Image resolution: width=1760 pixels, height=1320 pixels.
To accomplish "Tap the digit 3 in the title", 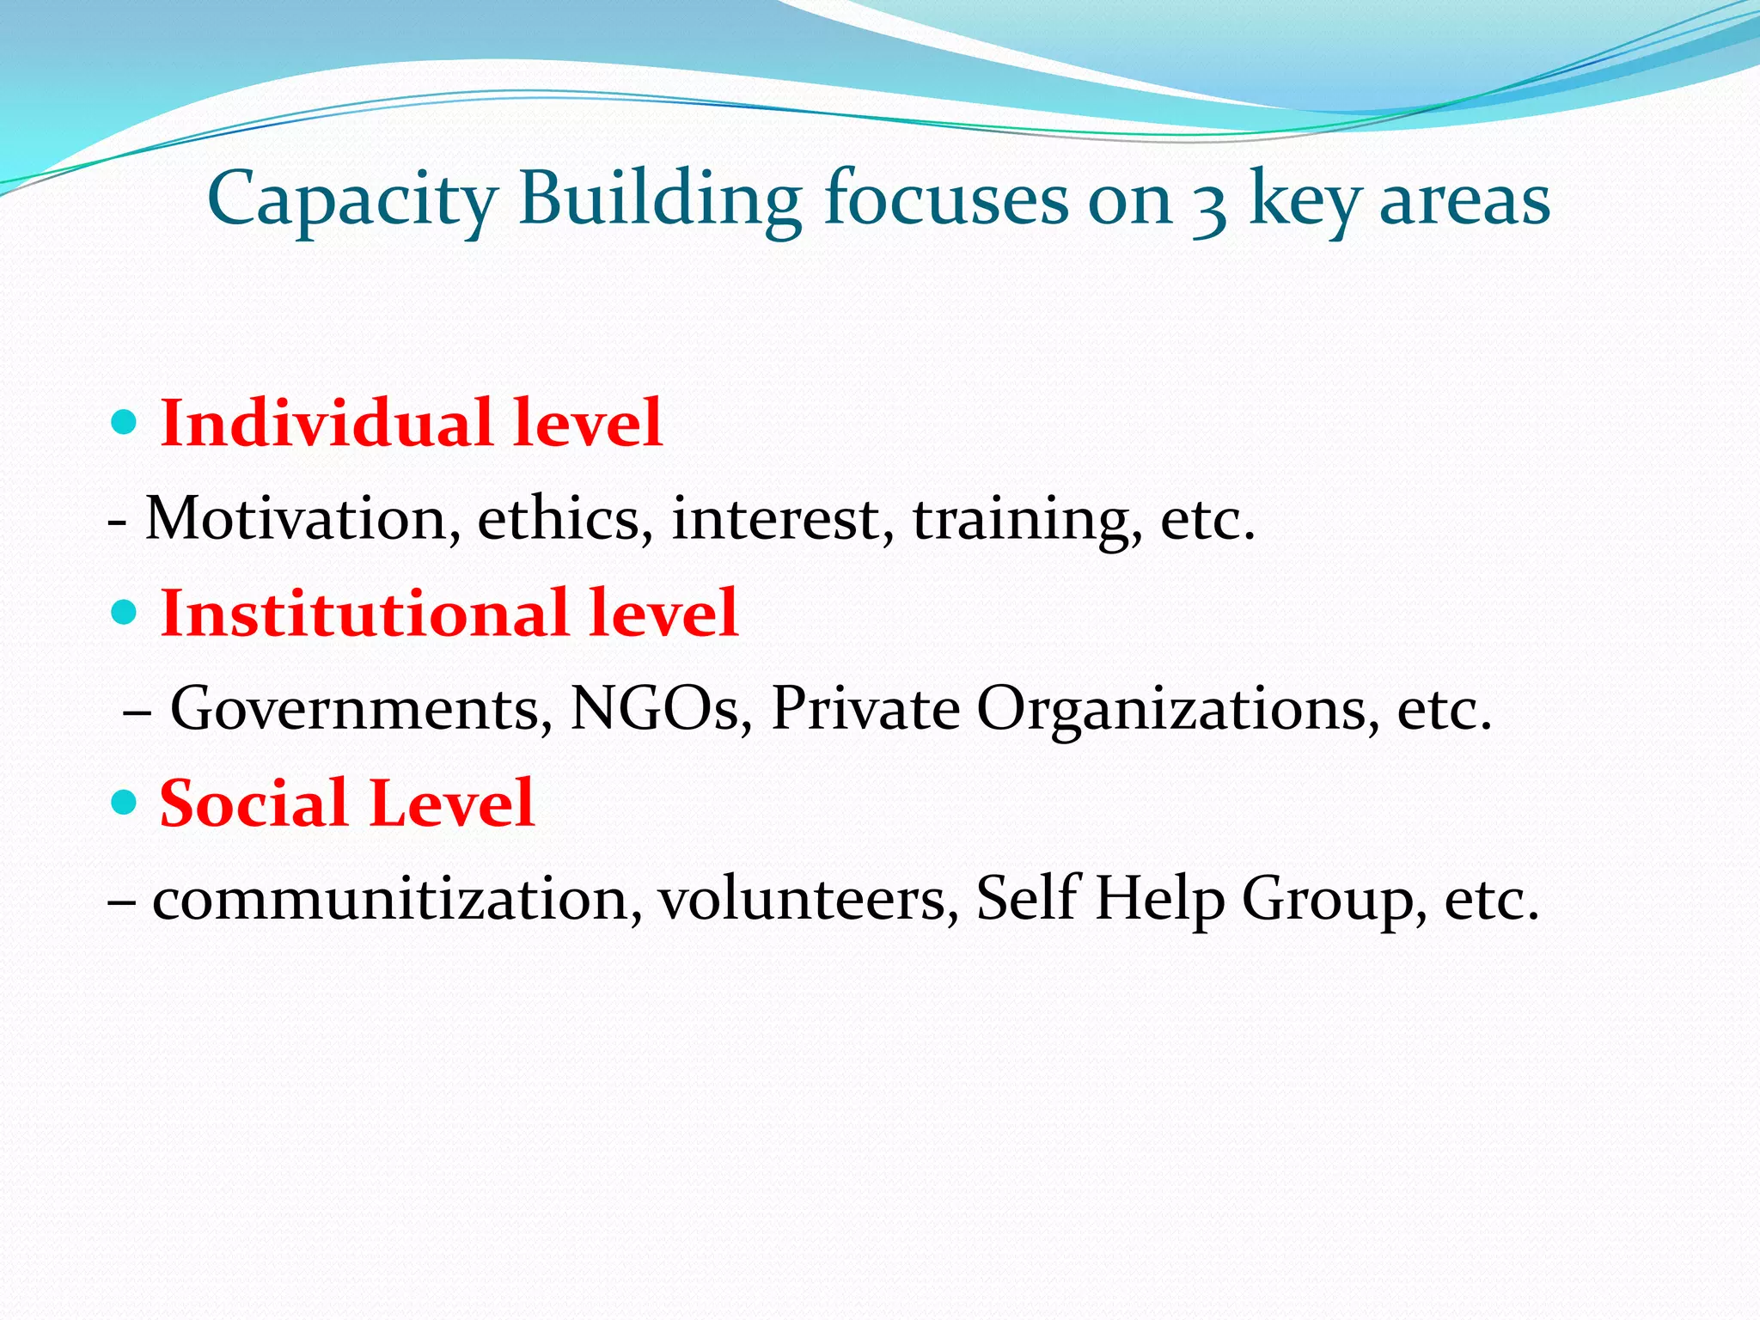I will [x=1209, y=206].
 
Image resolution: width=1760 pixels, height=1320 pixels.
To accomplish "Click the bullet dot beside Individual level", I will [x=125, y=423].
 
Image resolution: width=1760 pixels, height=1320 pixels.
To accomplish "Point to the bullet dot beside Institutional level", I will [x=125, y=613].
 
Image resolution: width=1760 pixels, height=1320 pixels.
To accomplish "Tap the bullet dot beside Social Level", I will [x=125, y=803].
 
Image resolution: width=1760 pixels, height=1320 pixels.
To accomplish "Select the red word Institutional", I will [x=364, y=614].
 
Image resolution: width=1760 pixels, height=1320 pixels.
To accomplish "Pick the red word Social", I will [x=253, y=804].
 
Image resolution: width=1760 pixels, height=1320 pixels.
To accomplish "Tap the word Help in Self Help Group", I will [x=1159, y=899].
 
